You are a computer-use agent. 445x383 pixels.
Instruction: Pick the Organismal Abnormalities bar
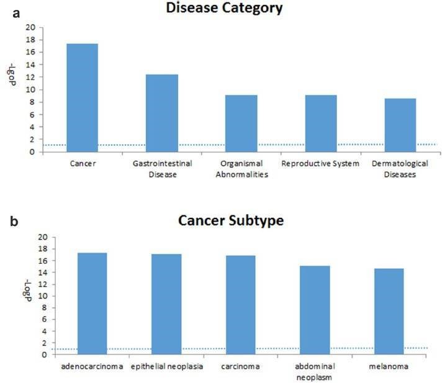pyautogui.click(x=241, y=123)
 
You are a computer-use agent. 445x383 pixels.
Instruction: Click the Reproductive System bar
pyautogui.click(x=321, y=123)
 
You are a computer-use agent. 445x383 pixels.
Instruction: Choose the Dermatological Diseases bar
pyautogui.click(x=400, y=125)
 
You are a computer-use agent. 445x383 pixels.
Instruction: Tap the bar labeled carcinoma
pyautogui.click(x=240, y=305)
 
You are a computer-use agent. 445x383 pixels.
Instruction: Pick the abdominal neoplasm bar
pyautogui.click(x=315, y=310)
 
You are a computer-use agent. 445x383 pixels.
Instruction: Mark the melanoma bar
pyautogui.click(x=389, y=312)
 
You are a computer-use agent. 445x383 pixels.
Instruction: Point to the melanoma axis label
pyautogui.click(x=389, y=367)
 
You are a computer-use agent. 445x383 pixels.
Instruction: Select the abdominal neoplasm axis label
pyautogui.click(x=315, y=371)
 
